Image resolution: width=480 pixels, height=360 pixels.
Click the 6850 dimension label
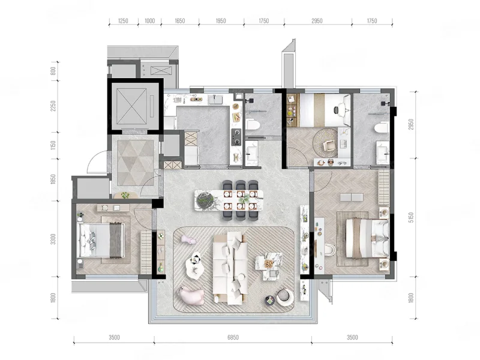(233, 337)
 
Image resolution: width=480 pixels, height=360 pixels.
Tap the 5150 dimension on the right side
(411, 217)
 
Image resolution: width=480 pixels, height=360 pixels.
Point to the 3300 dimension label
(53, 239)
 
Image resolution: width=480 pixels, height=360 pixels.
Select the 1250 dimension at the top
(123, 21)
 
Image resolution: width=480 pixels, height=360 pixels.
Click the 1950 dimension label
(221, 21)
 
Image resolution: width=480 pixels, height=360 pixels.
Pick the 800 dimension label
(53, 71)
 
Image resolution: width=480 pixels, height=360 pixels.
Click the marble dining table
(229, 200)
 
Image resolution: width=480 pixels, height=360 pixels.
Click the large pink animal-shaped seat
(191, 295)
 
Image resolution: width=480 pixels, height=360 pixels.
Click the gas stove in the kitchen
(236, 137)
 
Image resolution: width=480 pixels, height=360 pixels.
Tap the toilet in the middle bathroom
(253, 125)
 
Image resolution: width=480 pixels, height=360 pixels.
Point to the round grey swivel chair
(284, 296)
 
